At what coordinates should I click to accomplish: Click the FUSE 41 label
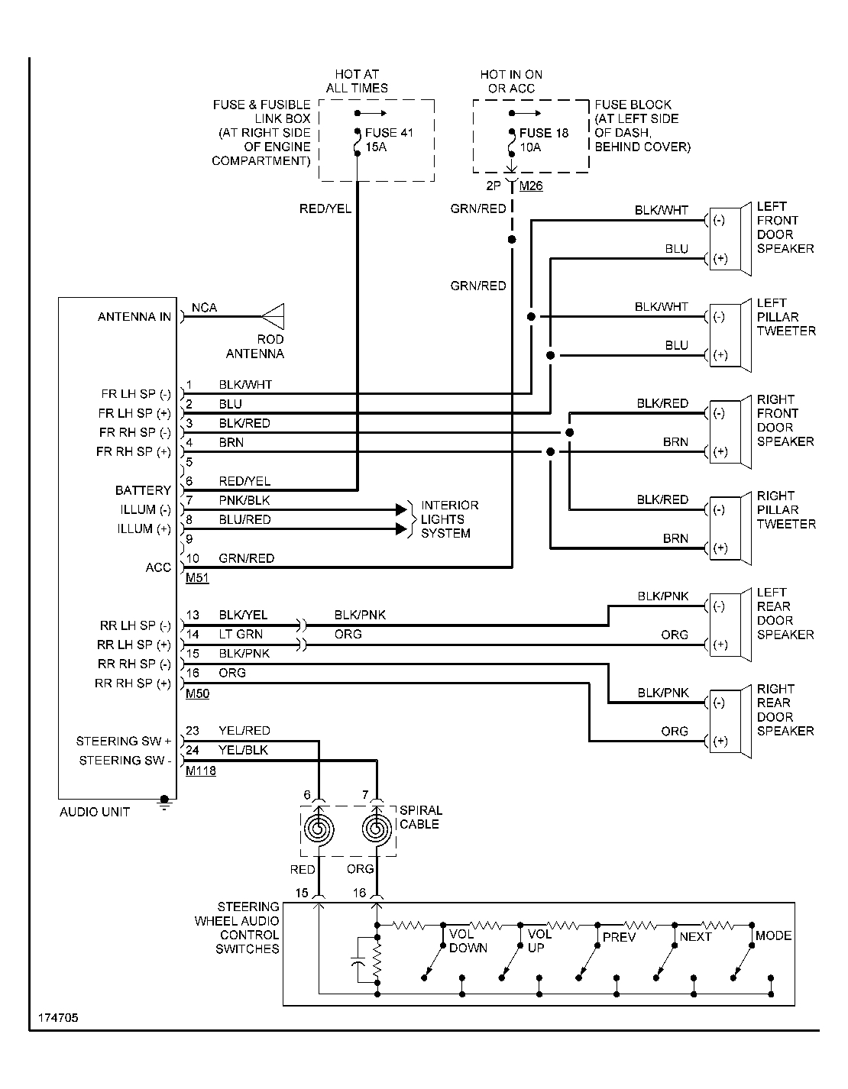pyautogui.click(x=389, y=133)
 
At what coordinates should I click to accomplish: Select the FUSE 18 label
pyautogui.click(x=544, y=133)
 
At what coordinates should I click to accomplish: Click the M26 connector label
pyautogui.click(x=531, y=186)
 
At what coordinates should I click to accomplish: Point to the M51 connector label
pyautogui.click(x=197, y=579)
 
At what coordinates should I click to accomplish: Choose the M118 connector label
pyautogui.click(x=201, y=771)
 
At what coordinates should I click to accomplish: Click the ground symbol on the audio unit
pyautogui.click(x=163, y=801)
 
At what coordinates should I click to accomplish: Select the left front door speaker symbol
pyautogui.click(x=731, y=240)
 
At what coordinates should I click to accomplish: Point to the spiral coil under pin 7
pyautogui.click(x=377, y=829)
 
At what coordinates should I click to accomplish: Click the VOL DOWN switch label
pyautogui.click(x=468, y=941)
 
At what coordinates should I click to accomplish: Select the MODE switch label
pyautogui.click(x=773, y=936)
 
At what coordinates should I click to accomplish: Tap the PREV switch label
pyautogui.click(x=619, y=937)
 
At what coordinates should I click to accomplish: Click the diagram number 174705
pyautogui.click(x=57, y=1019)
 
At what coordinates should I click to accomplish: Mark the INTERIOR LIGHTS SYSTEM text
pyautogui.click(x=449, y=519)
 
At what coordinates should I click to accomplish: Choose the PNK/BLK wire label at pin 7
pyautogui.click(x=244, y=500)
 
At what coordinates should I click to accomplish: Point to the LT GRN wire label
pyautogui.click(x=241, y=634)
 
